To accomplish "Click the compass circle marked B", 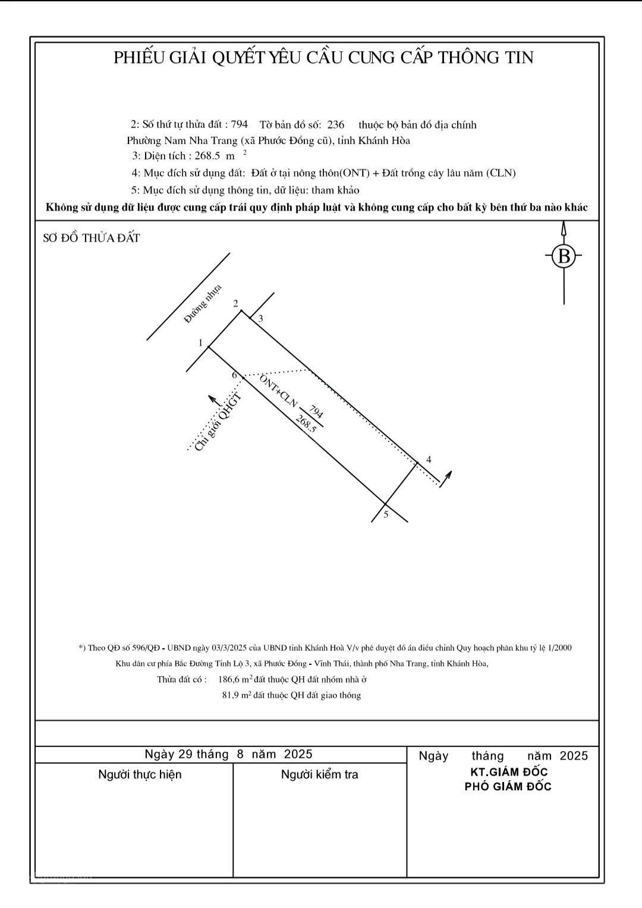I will (x=564, y=257).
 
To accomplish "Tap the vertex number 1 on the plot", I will (x=201, y=343).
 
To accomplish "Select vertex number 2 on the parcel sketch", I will (x=235, y=304).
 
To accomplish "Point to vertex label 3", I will (x=260, y=319).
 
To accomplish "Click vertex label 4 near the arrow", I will (x=429, y=460).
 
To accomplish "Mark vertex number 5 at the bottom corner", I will (x=386, y=514).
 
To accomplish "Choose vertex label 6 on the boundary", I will (x=235, y=375).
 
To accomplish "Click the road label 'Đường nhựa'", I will (x=203, y=304).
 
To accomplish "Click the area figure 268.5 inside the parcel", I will (x=306, y=423).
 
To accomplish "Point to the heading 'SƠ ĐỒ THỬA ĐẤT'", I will (x=92, y=238).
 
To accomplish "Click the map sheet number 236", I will (x=336, y=125).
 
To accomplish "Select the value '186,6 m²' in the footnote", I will (x=235, y=679).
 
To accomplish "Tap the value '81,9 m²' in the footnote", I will (x=237, y=695).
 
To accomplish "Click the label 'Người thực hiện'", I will (x=140, y=774).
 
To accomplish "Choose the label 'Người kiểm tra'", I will (x=319, y=774).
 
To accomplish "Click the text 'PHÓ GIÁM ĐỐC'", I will (x=508, y=787).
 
